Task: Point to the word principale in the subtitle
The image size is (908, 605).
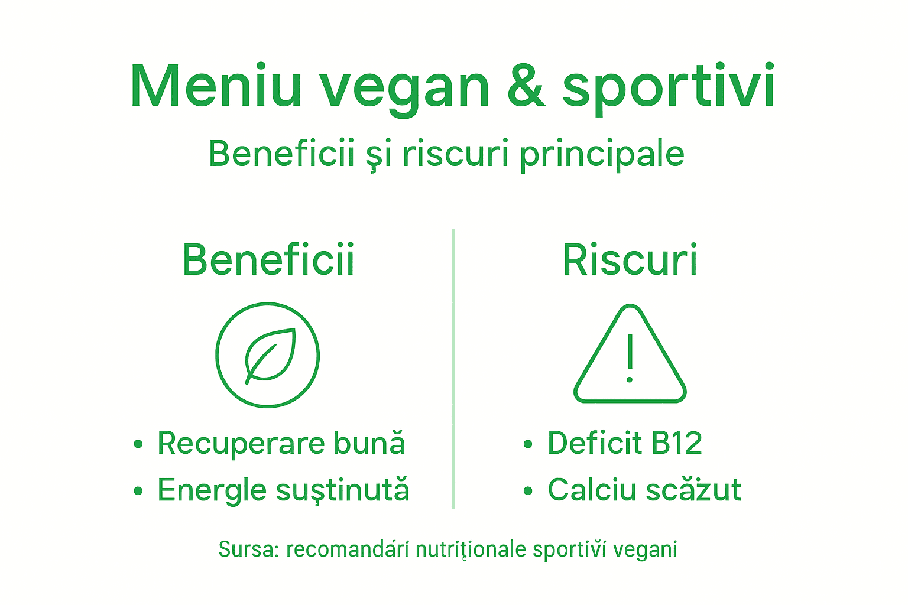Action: point(602,155)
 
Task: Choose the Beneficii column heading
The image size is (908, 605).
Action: point(268,259)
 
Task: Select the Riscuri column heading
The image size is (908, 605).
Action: point(630,259)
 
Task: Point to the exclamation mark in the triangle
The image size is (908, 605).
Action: point(630,358)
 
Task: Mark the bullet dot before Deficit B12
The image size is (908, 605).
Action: point(528,444)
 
